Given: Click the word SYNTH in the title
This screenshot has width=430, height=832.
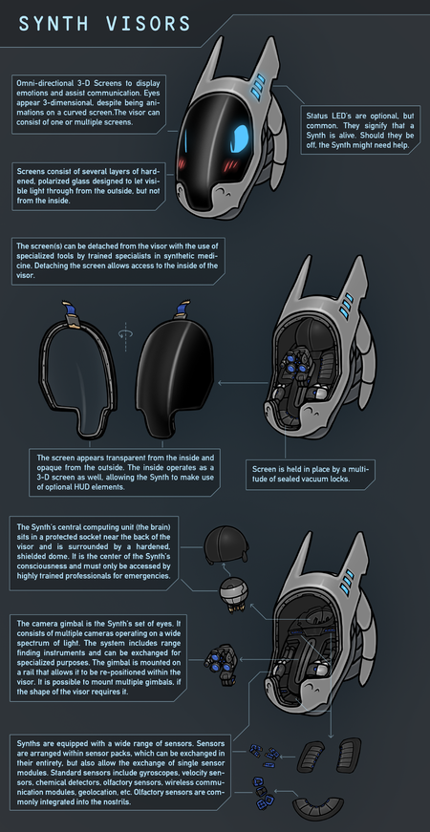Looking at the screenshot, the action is (x=55, y=24).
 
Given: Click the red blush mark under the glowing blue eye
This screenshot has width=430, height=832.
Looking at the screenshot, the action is (x=231, y=166).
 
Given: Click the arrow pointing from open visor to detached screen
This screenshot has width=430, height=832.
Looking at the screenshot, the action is (x=242, y=381).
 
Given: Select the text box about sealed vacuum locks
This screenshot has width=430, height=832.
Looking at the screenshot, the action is (x=311, y=475).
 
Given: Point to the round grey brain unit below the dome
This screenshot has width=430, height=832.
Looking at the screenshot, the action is (x=231, y=595).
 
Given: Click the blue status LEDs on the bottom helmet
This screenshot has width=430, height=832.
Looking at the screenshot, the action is (x=348, y=582).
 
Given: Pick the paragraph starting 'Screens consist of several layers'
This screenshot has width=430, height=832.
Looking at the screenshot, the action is (x=88, y=186).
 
